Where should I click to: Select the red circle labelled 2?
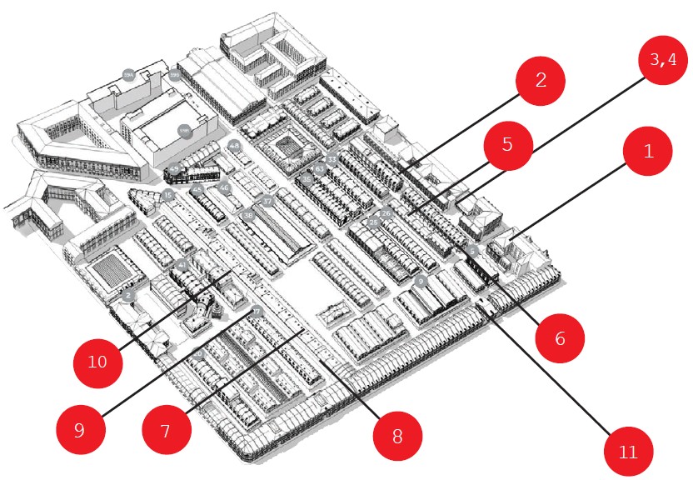click(x=540, y=82)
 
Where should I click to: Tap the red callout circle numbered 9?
click(x=80, y=431)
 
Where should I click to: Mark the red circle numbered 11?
click(x=628, y=451)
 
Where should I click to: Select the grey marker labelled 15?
click(x=168, y=196)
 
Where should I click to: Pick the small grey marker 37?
click(x=267, y=201)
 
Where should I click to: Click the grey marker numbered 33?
click(x=332, y=158)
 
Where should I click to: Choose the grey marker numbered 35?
click(x=307, y=179)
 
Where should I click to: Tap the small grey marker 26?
click(x=386, y=213)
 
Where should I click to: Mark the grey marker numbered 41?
click(x=182, y=264)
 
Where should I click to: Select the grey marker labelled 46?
click(x=224, y=187)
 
